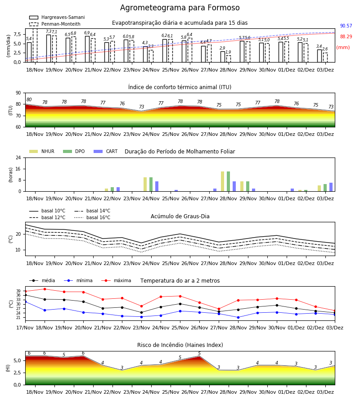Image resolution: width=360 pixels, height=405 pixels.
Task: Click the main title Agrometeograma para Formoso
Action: pos(180,8)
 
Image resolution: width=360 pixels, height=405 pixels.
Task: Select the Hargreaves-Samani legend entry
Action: pos(57,17)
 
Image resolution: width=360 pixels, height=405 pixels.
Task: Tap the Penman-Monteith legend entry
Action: pos(55,24)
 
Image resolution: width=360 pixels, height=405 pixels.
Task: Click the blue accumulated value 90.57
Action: pos(346,26)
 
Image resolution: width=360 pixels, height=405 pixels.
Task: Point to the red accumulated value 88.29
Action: pos(346,37)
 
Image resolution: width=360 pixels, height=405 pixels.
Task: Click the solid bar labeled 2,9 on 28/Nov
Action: pos(223,57)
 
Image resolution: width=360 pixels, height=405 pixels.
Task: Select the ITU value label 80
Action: pos(29,100)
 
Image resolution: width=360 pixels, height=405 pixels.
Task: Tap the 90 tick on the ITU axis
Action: pos(18,93)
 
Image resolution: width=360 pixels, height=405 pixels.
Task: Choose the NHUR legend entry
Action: pos(41,151)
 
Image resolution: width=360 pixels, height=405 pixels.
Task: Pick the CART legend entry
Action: pos(105,151)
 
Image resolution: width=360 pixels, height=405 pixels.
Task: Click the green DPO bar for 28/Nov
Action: pos(228,181)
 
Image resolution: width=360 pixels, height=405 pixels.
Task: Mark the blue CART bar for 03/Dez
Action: pos(331,187)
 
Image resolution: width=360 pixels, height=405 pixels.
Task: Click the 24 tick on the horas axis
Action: pos(18,157)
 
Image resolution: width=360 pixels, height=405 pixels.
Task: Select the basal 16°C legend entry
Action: pos(92,217)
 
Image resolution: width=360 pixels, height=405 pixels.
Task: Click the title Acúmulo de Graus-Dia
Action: pos(180,216)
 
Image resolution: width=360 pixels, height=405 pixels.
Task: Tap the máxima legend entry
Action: pos(116,280)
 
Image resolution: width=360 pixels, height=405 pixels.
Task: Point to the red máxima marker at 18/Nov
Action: pos(45,289)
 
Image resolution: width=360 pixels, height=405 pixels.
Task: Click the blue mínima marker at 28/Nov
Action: pos(238,317)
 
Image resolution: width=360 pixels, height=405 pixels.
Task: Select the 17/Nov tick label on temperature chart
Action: pos(25,328)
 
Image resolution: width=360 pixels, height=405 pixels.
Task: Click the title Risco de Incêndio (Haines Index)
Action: pos(180,345)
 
